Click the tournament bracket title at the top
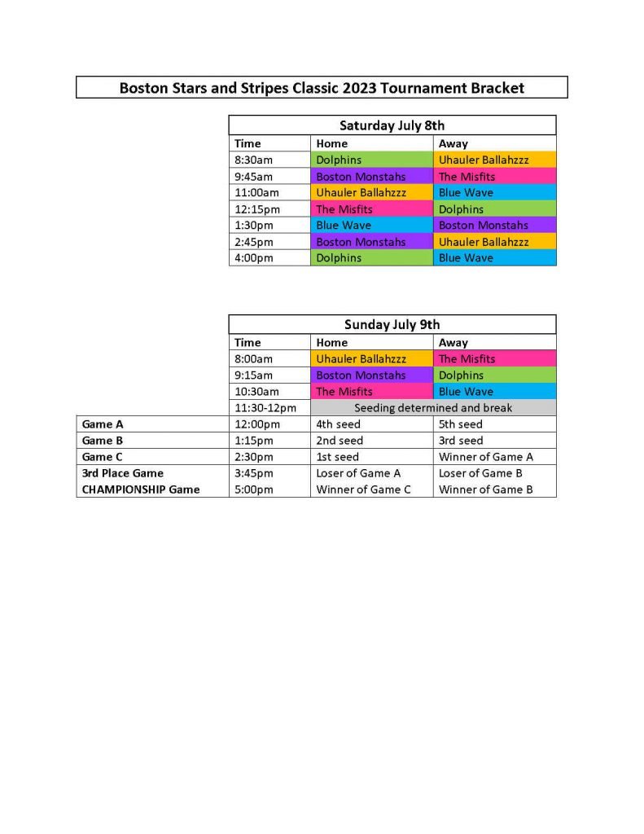(x=322, y=87)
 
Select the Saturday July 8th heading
(x=392, y=125)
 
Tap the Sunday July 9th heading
(x=392, y=324)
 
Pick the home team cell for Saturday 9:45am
(x=370, y=176)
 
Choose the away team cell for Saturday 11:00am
(x=494, y=192)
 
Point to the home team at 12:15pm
(x=370, y=209)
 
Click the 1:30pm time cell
(x=253, y=226)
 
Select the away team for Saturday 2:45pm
(x=494, y=242)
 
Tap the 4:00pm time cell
(x=253, y=258)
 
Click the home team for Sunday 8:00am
(x=370, y=358)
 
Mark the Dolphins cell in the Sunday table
(x=494, y=375)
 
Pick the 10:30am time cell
(x=256, y=392)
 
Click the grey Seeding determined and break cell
(x=433, y=407)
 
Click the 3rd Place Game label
(x=122, y=473)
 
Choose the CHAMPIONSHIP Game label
(x=140, y=489)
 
